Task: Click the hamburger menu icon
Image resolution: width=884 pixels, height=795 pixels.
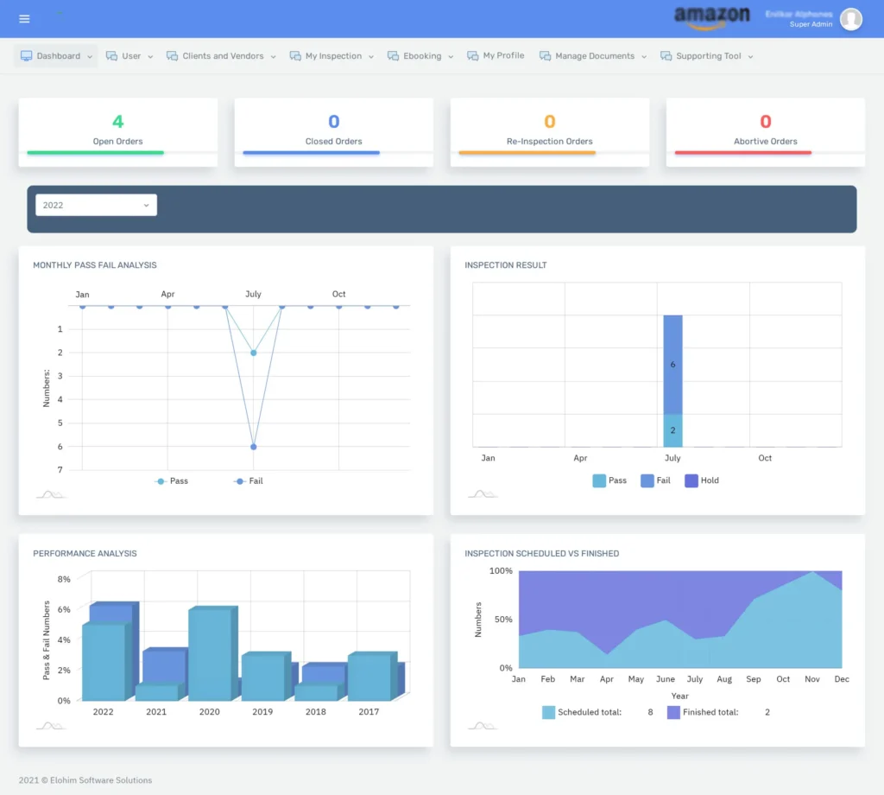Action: coord(24,19)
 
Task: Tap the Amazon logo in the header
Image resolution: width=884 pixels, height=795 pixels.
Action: coord(712,16)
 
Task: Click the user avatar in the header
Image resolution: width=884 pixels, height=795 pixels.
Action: coord(851,19)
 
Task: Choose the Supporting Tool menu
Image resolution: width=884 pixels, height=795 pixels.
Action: coord(707,56)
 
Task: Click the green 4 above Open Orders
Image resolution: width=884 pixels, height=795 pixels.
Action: coord(118,122)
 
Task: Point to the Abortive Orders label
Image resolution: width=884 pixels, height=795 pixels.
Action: coord(766,142)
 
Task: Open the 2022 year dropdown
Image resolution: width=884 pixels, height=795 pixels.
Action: coord(96,205)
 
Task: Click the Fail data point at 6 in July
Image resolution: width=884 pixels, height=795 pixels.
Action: coord(253,447)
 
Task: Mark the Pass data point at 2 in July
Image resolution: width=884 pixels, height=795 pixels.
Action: coord(253,353)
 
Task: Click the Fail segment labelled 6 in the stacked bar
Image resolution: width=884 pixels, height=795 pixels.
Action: coord(672,365)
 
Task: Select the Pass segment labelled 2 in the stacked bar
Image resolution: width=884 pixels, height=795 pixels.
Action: coord(672,430)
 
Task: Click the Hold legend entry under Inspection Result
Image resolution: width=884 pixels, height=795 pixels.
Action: coord(701,480)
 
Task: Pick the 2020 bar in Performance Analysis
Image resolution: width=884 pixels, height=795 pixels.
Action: coord(210,655)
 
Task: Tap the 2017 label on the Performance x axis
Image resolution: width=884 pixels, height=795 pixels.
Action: coord(369,712)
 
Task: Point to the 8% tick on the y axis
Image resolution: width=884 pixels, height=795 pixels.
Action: coord(64,579)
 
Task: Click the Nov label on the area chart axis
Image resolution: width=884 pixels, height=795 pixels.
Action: coord(812,679)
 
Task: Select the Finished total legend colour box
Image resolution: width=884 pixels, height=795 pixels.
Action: coord(673,712)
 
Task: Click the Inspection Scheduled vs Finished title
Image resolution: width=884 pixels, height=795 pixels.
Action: coord(541,553)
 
